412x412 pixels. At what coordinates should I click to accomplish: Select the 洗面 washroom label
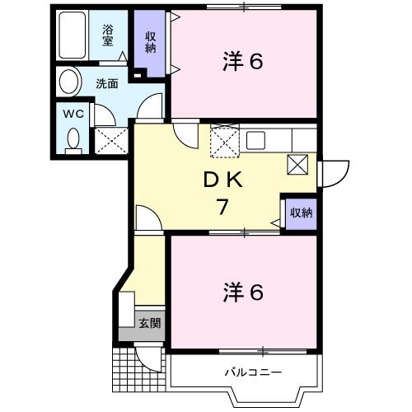pos(107,82)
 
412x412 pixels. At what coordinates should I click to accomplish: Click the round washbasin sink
pos(69,82)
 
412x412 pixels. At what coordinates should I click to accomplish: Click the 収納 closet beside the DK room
pos(301,213)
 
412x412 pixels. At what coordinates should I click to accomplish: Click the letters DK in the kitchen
pos(222,179)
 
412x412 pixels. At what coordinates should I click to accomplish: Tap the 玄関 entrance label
pos(149,322)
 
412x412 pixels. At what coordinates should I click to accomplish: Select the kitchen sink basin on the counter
pos(254,139)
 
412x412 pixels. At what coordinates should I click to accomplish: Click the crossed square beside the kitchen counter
pos(298,165)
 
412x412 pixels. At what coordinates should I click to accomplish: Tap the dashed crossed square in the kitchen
pos(223,140)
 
